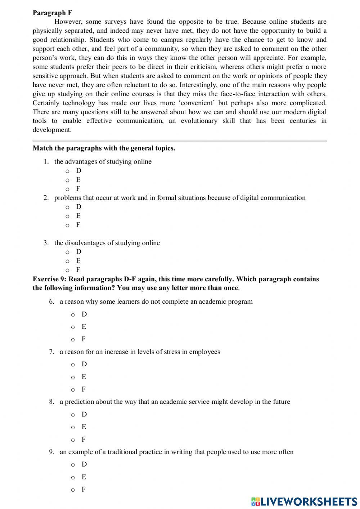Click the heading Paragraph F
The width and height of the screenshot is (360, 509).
pyautogui.click(x=52, y=13)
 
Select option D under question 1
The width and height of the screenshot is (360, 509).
pyautogui.click(x=67, y=171)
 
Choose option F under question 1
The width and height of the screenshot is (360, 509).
pyautogui.click(x=67, y=189)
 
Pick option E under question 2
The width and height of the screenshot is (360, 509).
pyautogui.click(x=67, y=216)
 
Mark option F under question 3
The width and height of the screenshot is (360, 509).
pyautogui.click(x=67, y=270)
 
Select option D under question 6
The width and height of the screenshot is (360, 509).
pyautogui.click(x=73, y=314)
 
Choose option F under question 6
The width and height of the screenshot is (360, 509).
pyautogui.click(x=73, y=339)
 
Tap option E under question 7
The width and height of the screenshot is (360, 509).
pyautogui.click(x=73, y=377)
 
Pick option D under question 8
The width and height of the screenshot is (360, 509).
pyautogui.click(x=73, y=415)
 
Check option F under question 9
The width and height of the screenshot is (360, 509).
pyautogui.click(x=73, y=490)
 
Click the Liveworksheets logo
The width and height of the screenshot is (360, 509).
pyautogui.click(x=304, y=501)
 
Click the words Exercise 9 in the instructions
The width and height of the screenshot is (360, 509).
pyautogui.click(x=49, y=279)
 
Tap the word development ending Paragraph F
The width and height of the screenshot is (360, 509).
pyautogui.click(x=51, y=130)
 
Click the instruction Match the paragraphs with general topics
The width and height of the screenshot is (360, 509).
pyautogui.click(x=104, y=148)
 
